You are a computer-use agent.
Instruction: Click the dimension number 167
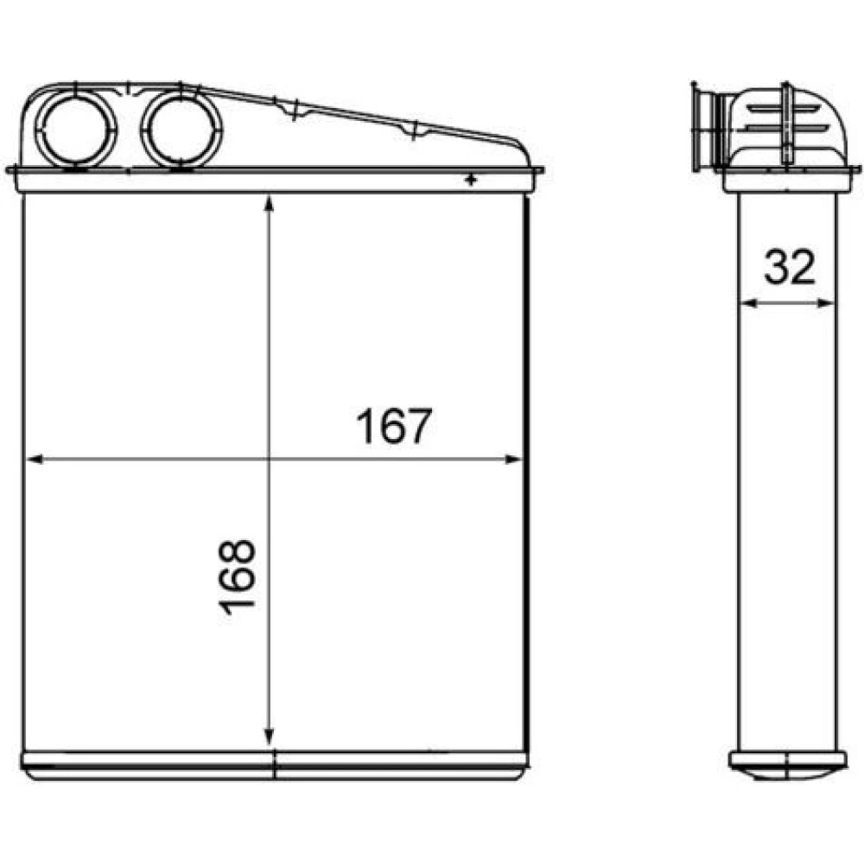pyautogui.click(x=393, y=426)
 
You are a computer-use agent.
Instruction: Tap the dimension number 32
pyautogui.click(x=789, y=267)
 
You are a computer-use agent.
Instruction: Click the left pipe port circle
pyautogui.click(x=76, y=130)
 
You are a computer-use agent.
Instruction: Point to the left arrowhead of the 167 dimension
pyautogui.click(x=35, y=459)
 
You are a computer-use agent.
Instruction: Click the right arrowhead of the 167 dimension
pyautogui.click(x=512, y=459)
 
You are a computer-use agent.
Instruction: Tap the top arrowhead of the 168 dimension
pyautogui.click(x=269, y=203)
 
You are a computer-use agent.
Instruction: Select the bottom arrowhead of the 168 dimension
pyautogui.click(x=269, y=738)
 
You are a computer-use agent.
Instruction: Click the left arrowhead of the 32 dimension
pyautogui.click(x=746, y=302)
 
